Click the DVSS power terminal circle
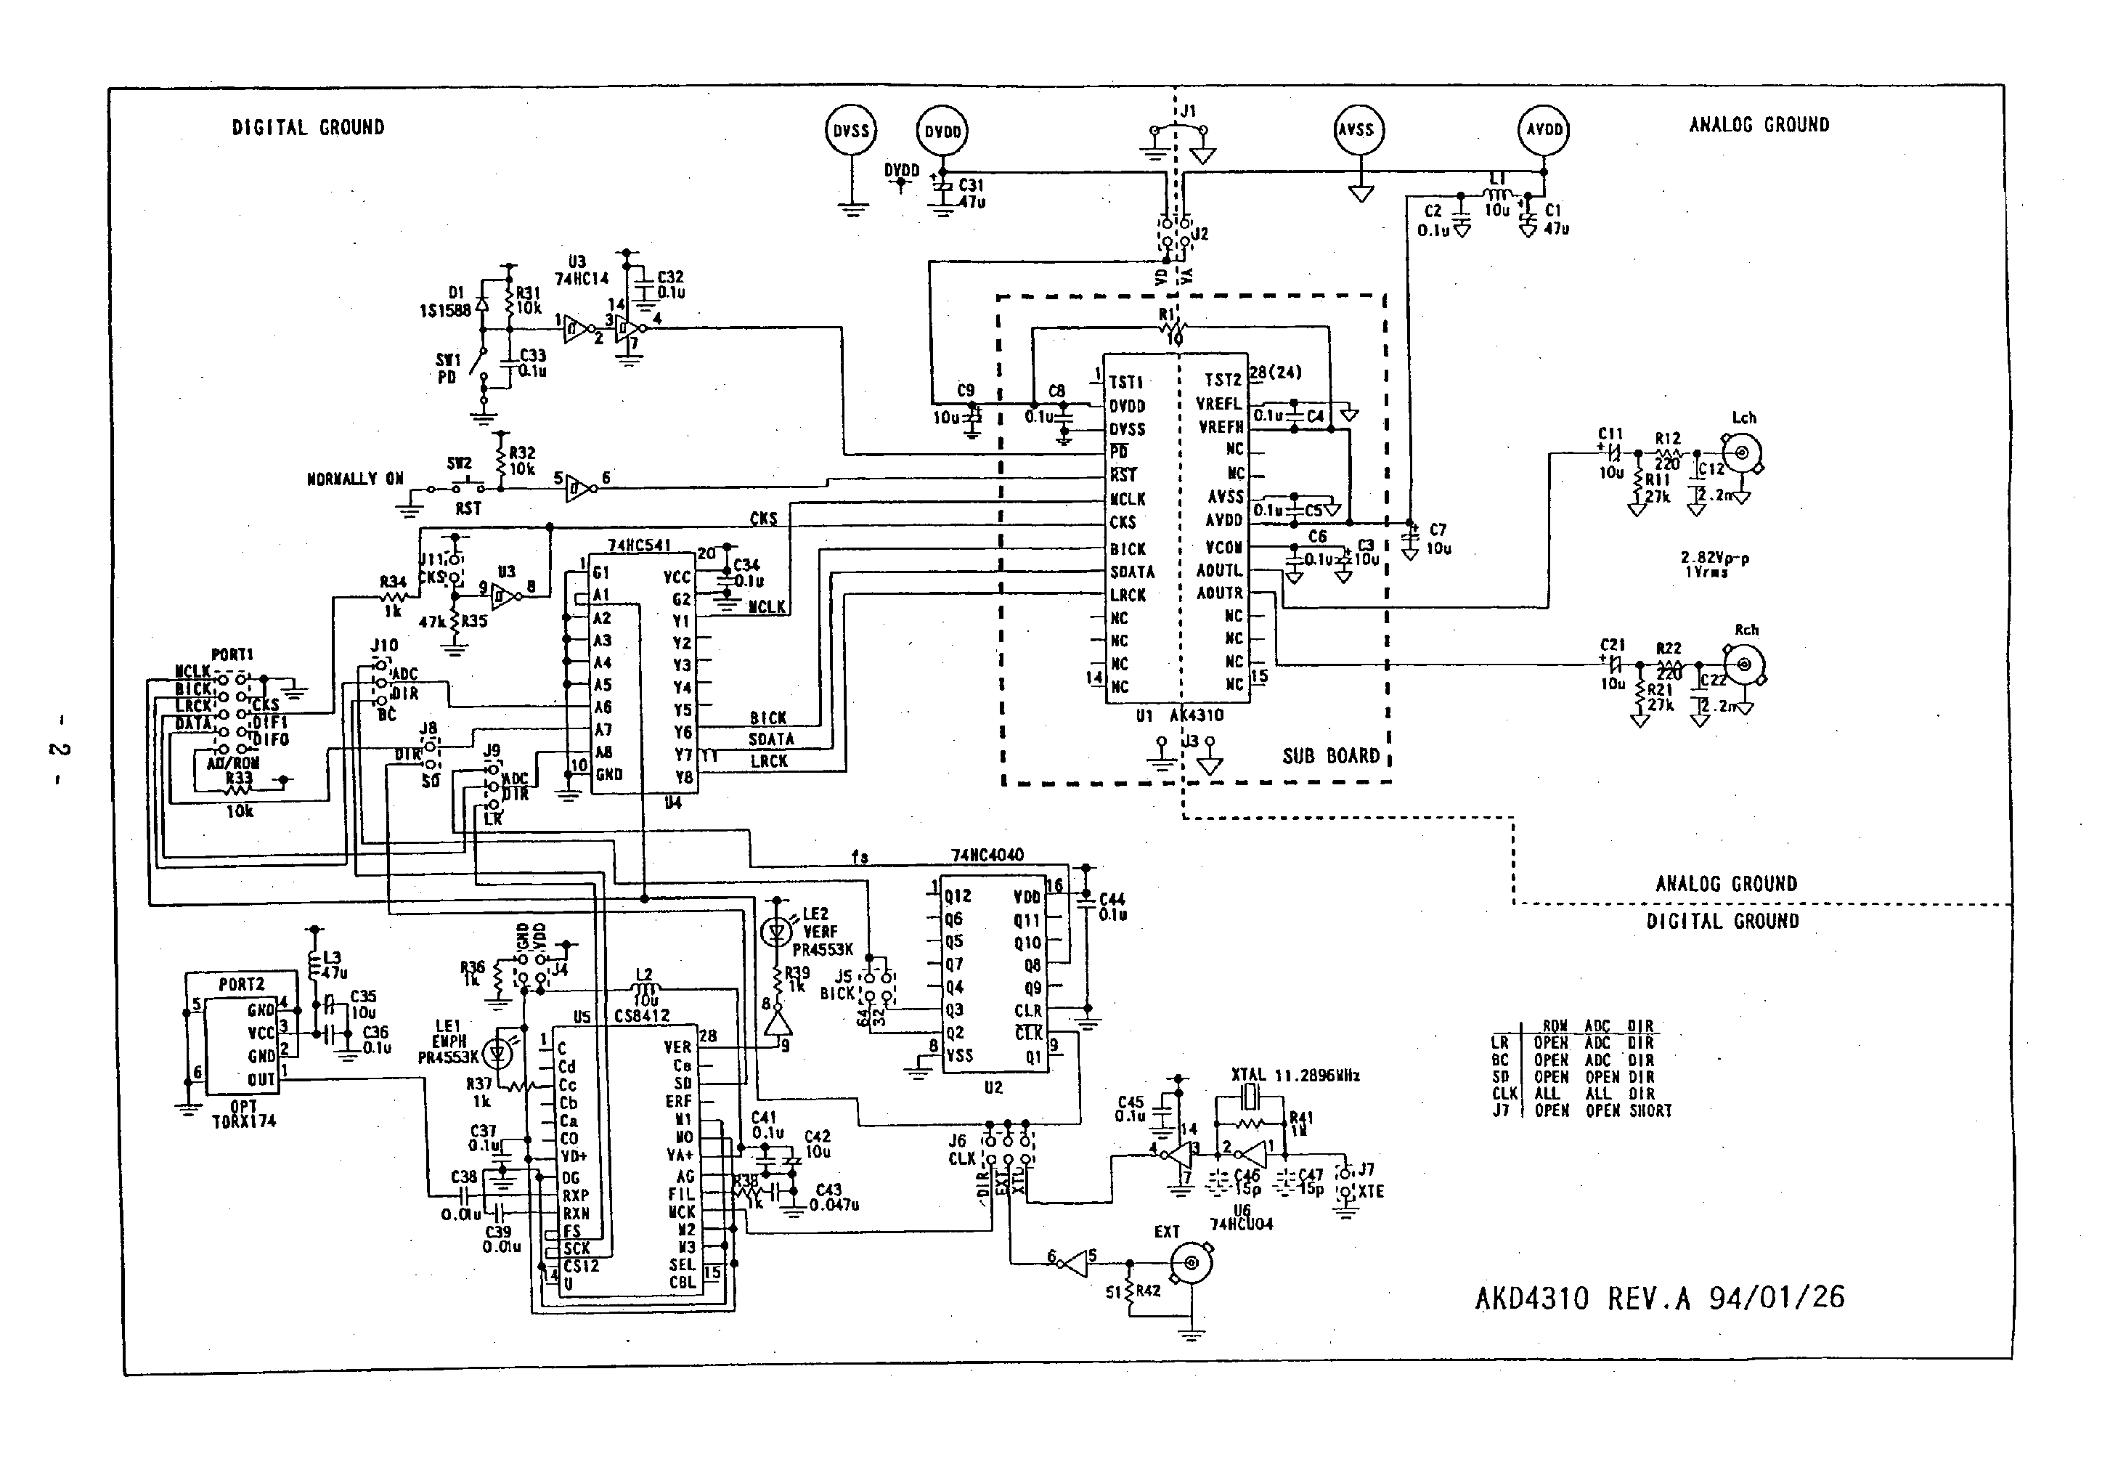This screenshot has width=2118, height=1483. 850,131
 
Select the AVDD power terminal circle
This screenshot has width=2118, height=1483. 1543,130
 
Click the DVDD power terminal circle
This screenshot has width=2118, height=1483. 942,132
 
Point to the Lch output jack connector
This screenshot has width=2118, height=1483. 1743,453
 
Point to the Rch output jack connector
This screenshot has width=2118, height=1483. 1744,665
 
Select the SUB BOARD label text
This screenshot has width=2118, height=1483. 1330,756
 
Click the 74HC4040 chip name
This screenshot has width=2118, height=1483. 987,856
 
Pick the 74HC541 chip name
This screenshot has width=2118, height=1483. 639,546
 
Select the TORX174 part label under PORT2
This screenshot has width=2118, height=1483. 243,1121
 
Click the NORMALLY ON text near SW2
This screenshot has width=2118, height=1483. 355,479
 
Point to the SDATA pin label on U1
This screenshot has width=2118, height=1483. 1132,572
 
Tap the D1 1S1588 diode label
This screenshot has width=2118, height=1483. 447,303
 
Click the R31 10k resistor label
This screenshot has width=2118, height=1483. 529,301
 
